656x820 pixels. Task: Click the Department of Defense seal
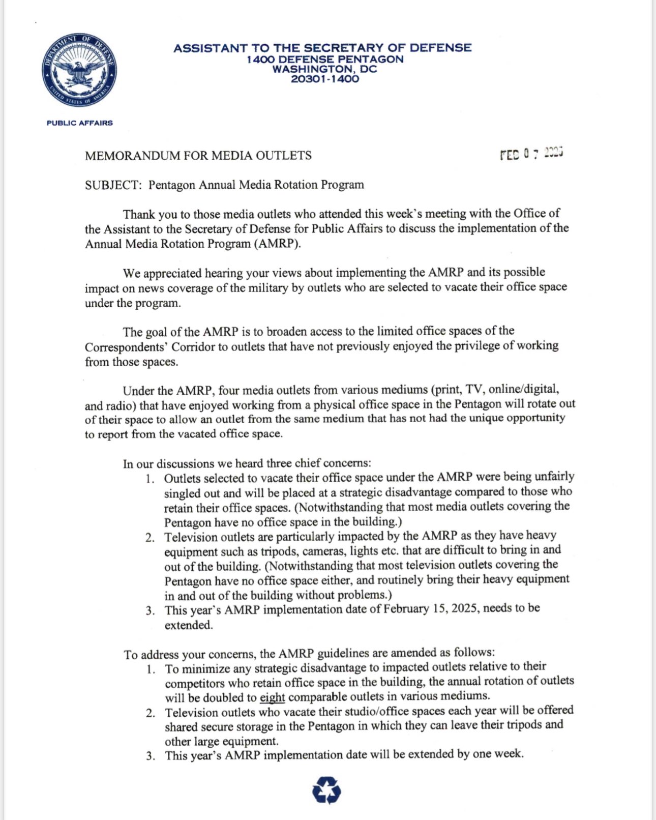pyautogui.click(x=79, y=70)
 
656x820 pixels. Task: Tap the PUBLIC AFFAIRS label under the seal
pyautogui.click(x=80, y=123)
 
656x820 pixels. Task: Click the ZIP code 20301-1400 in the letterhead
pyautogui.click(x=324, y=79)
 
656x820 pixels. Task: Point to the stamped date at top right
pyautogui.click(x=531, y=153)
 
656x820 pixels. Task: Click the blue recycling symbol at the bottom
pyautogui.click(x=326, y=790)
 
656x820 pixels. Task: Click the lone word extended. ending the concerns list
pyautogui.click(x=189, y=625)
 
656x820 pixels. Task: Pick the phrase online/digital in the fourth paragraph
pyautogui.click(x=523, y=389)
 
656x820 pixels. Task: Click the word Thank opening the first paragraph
pyautogui.click(x=138, y=214)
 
